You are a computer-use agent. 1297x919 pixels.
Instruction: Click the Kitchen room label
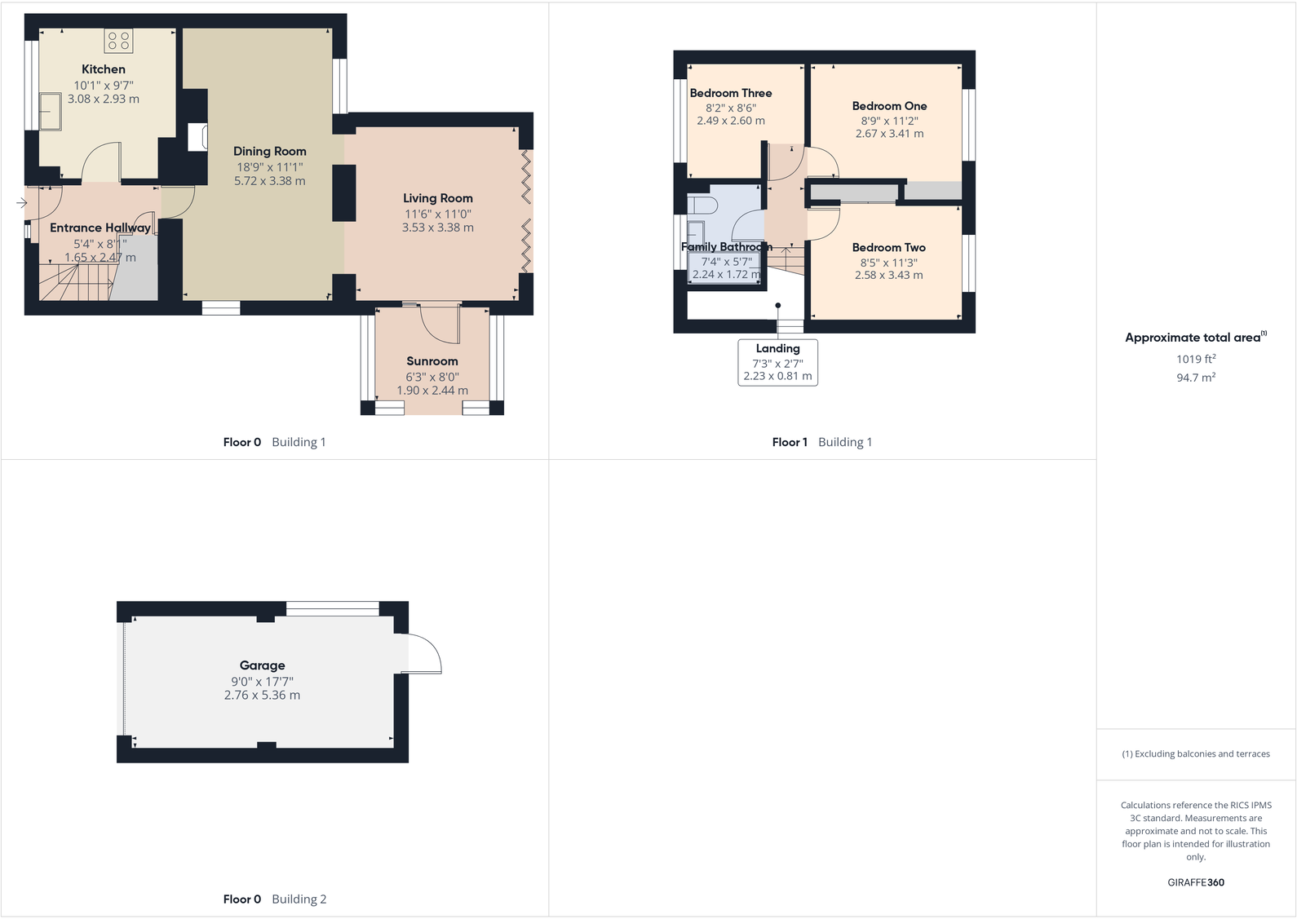point(104,69)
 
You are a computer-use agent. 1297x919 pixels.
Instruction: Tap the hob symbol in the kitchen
point(118,41)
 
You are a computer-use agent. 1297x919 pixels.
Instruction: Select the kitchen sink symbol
point(51,112)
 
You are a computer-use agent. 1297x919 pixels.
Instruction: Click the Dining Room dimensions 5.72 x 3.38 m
point(269,181)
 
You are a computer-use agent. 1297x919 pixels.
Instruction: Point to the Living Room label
point(437,198)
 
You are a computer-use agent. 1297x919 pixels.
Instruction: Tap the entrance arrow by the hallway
point(22,202)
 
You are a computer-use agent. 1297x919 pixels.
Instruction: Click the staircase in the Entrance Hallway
point(73,282)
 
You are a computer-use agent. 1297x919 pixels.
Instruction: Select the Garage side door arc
point(424,653)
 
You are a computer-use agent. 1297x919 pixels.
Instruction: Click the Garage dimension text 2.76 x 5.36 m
point(262,696)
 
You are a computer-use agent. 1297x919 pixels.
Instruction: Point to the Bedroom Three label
point(730,93)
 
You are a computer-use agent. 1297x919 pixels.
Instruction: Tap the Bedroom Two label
point(888,247)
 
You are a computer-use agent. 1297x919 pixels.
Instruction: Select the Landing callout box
point(777,362)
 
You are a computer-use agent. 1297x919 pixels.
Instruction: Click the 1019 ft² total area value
point(1195,359)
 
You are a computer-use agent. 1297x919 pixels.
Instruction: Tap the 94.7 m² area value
point(1195,378)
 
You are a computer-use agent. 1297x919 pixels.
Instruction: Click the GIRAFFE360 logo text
point(1195,882)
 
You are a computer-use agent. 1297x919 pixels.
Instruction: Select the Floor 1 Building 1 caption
point(821,442)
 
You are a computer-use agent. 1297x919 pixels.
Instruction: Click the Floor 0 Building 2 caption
point(274,899)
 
